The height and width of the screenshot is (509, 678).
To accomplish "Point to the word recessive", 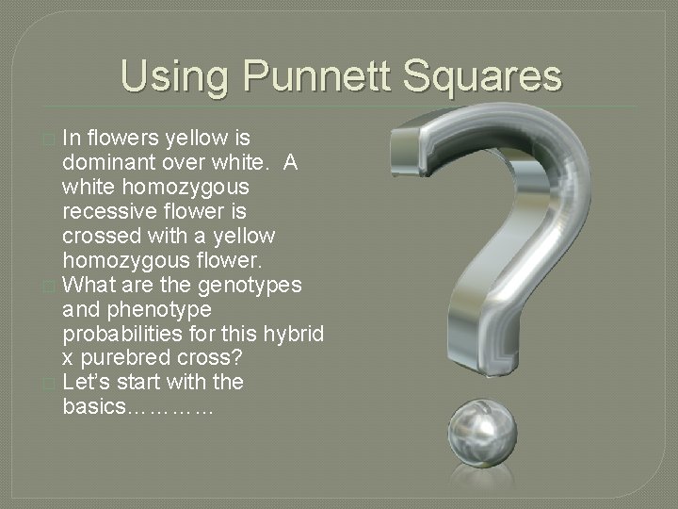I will pos(106,211).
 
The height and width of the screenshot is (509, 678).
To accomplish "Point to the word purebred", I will pos(121,358).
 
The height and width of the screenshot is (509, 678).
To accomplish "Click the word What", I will pos(91,285).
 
